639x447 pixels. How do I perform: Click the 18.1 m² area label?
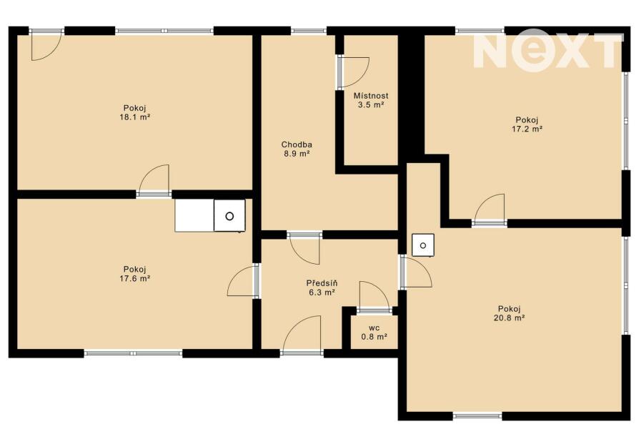pyautogui.click(x=135, y=117)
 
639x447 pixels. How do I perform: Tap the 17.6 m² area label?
pyautogui.click(x=135, y=279)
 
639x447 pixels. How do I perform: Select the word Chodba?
pyautogui.click(x=297, y=144)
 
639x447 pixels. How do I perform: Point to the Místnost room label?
pyautogui.click(x=371, y=96)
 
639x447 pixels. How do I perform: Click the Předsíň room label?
pyautogui.click(x=322, y=283)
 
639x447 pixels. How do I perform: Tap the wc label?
pyautogui.click(x=374, y=328)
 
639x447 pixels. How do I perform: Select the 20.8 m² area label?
pyautogui.click(x=509, y=318)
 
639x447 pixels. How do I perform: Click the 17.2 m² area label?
pyautogui.click(x=527, y=129)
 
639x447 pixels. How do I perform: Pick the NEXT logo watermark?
pyautogui.click(x=548, y=49)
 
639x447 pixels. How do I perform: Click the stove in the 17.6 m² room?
pyautogui.click(x=229, y=216)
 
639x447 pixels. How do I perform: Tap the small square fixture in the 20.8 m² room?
pyautogui.click(x=423, y=245)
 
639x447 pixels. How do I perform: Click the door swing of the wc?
pyautogui.click(x=374, y=296)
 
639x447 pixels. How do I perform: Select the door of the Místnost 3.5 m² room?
pyautogui.click(x=354, y=72)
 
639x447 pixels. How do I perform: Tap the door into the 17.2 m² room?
pyautogui.click(x=490, y=208)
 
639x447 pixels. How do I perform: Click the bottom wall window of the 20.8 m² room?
pyautogui.click(x=477, y=416)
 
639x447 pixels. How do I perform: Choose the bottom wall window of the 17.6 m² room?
pyautogui.click(x=133, y=353)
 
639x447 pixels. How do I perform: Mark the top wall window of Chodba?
pyautogui.click(x=309, y=31)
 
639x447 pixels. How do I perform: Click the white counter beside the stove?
pyautogui.click(x=195, y=216)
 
